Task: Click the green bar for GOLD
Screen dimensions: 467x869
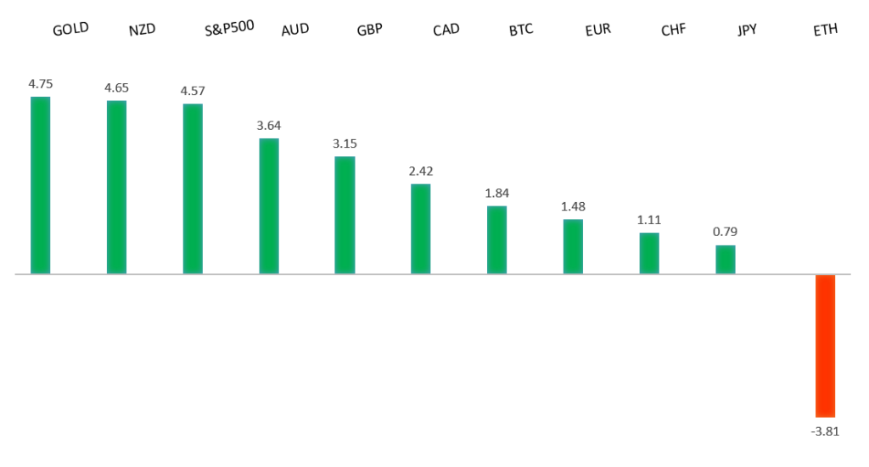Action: click(40, 185)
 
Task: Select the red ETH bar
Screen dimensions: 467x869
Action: click(825, 345)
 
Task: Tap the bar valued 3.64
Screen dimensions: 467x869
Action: click(268, 205)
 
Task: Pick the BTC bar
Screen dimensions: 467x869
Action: click(496, 239)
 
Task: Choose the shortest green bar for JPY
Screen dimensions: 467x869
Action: click(725, 259)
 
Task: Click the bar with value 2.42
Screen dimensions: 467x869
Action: click(420, 228)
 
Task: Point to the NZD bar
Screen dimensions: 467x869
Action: click(116, 187)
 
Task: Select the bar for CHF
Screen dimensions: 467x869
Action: click(649, 253)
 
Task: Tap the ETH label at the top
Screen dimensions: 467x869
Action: click(825, 30)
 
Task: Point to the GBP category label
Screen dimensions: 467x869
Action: click(370, 30)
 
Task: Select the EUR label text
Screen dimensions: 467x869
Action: click(597, 30)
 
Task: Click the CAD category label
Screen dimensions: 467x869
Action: click(446, 30)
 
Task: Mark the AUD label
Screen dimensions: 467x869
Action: click(294, 30)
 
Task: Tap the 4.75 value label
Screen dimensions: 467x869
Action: click(41, 83)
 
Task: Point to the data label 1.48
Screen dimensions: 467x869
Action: click(573, 206)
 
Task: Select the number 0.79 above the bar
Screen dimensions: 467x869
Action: click(725, 232)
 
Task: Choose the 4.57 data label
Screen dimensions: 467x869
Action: click(193, 91)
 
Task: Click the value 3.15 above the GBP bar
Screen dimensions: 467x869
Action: click(345, 143)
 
